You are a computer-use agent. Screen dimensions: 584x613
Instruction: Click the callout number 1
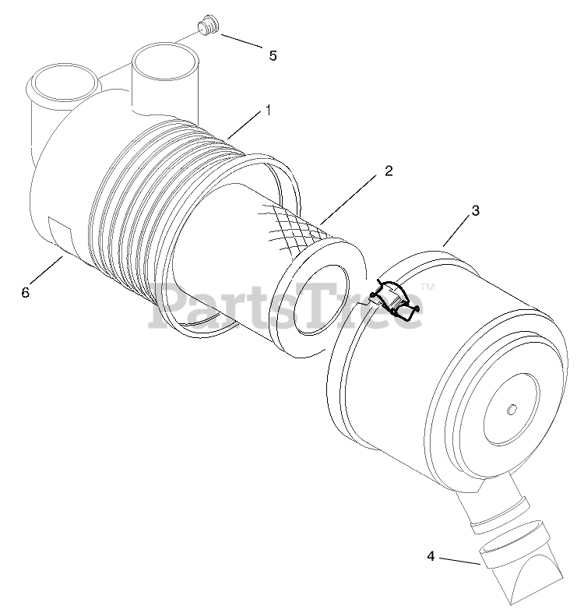[269, 110]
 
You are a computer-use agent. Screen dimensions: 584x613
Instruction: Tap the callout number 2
[386, 172]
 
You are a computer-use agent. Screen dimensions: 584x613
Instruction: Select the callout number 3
[474, 210]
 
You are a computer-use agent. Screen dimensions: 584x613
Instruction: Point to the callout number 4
[431, 555]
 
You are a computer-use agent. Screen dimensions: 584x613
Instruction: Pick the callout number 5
[273, 55]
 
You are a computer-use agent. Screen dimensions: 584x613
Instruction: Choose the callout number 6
[25, 292]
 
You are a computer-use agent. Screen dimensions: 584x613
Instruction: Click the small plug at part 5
[206, 28]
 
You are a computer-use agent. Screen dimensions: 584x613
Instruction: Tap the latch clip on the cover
[398, 301]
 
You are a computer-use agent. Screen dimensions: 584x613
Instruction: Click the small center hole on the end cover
[511, 410]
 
